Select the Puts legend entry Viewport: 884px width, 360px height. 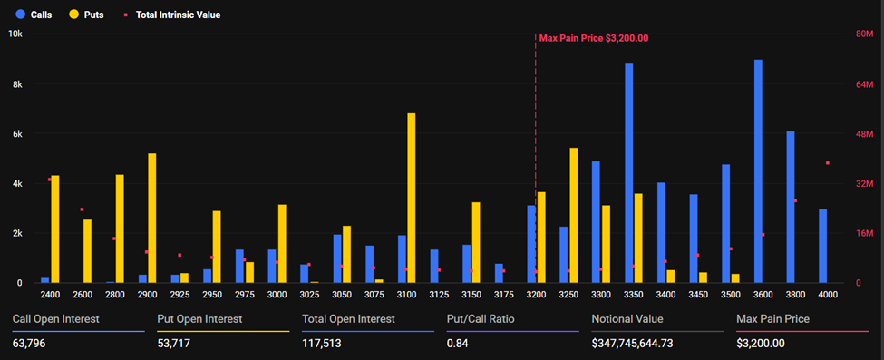point(89,15)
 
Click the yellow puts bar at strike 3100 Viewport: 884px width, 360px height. point(412,198)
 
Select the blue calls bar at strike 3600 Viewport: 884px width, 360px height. point(758,171)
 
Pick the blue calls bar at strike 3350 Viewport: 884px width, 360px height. point(628,173)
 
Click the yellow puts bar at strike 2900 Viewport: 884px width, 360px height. point(151,218)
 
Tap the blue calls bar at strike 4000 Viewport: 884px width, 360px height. point(822,246)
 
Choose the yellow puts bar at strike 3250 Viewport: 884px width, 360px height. point(573,215)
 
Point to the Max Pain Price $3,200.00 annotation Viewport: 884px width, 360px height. point(594,38)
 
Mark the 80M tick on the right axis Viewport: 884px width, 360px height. point(864,34)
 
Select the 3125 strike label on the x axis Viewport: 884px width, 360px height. point(439,295)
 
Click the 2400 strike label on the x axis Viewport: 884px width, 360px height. point(50,295)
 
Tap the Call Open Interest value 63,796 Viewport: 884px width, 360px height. point(31,344)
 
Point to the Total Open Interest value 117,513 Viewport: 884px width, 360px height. point(325,344)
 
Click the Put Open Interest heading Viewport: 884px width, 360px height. point(199,318)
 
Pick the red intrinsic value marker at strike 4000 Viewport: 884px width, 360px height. point(827,163)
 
